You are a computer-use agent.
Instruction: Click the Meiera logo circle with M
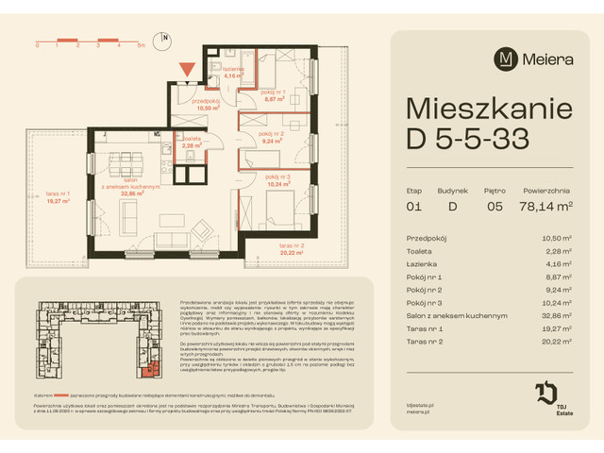(506, 58)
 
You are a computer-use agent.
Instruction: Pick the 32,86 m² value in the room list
(557, 316)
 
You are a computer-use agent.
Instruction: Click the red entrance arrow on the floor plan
(188, 68)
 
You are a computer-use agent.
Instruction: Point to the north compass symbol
(165, 41)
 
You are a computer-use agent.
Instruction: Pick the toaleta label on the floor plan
(192, 141)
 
